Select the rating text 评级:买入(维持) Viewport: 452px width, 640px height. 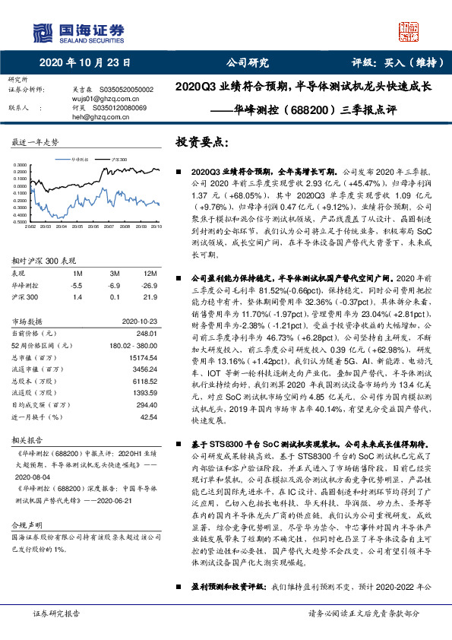click(x=392, y=63)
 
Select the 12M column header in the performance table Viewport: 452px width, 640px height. click(x=150, y=273)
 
